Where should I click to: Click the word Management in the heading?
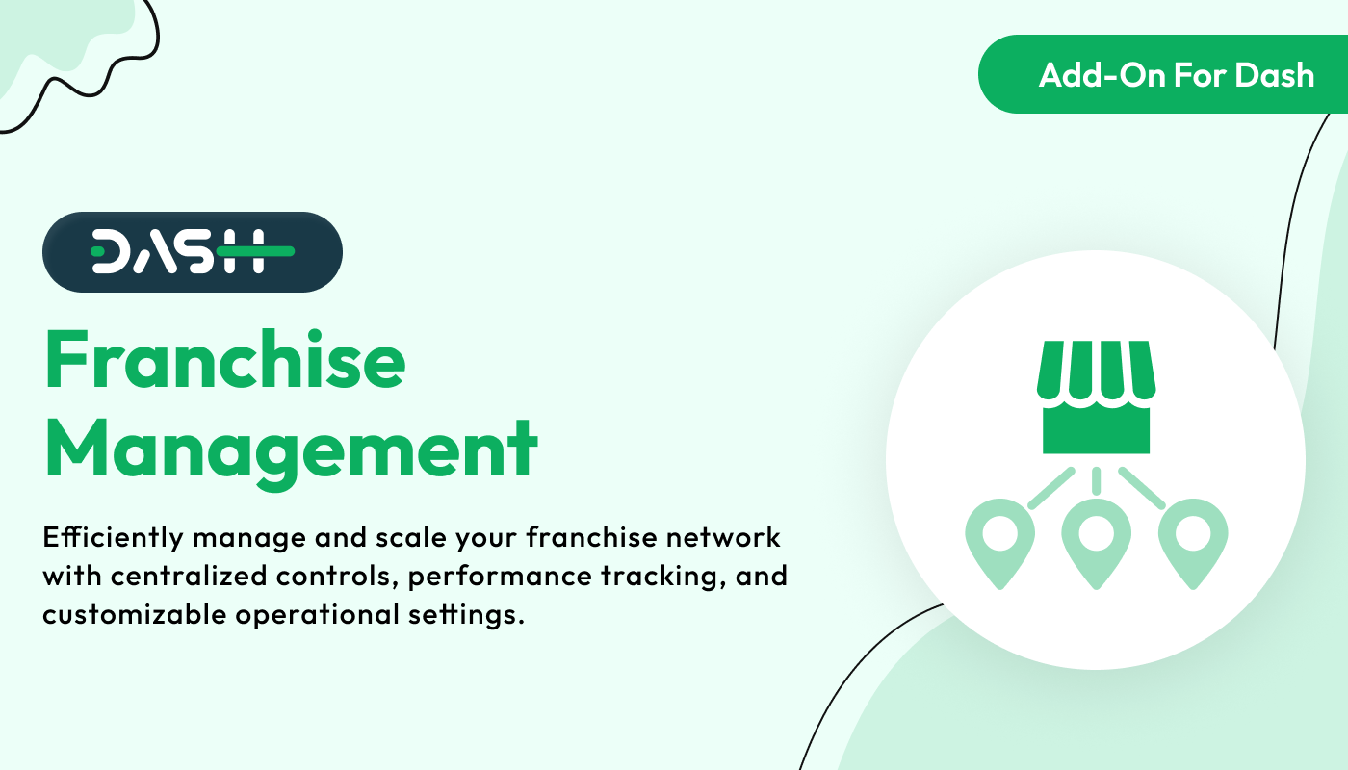point(291,450)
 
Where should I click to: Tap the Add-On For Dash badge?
point(1163,74)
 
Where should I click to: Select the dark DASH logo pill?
point(193,252)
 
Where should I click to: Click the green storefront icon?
point(1096,397)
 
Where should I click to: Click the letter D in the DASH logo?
point(111,252)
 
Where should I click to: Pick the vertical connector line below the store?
point(1096,480)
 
